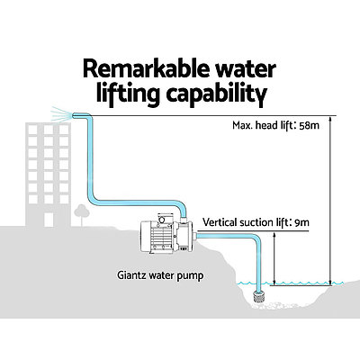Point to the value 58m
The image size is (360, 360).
coord(309,126)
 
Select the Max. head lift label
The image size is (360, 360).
coord(259,126)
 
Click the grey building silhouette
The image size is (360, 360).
coord(36,171)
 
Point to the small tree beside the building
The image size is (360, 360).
coord(81,215)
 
